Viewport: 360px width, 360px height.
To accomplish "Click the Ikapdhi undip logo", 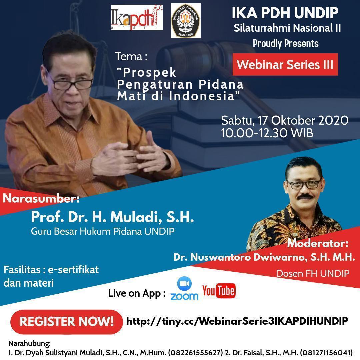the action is point(137,17).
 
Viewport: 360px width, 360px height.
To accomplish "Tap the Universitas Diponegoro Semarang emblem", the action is point(186,21).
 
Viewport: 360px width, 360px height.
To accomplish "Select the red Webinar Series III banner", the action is point(285,65).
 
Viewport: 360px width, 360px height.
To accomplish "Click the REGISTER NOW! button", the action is point(66,321).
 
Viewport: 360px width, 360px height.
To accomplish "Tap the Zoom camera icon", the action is point(184,284).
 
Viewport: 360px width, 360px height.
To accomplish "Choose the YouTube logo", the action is point(219,291).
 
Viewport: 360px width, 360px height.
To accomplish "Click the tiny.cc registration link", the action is point(237,321).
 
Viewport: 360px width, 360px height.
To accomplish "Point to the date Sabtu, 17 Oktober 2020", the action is point(285,121).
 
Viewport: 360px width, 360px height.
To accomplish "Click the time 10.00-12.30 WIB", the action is point(267,133).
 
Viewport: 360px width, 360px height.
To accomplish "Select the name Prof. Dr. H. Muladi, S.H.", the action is point(113,217).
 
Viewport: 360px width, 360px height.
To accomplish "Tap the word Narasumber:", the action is point(41,198).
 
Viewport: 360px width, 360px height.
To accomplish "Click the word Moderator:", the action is point(318,243).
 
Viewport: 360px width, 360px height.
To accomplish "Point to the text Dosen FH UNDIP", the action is point(312,273).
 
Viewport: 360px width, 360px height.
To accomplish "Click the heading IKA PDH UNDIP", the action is point(285,13).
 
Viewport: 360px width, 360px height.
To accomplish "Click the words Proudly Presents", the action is point(286,44).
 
